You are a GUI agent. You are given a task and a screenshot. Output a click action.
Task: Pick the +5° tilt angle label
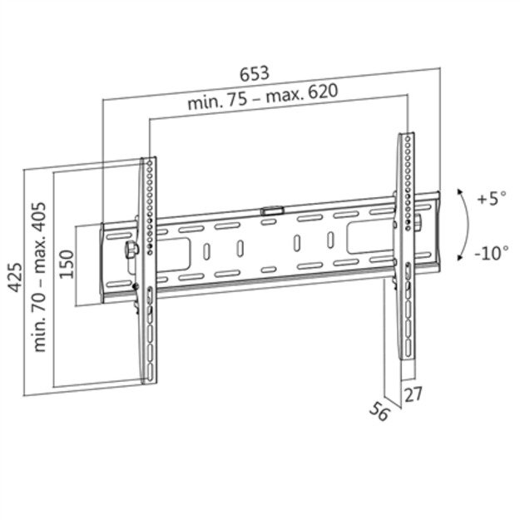click(x=491, y=200)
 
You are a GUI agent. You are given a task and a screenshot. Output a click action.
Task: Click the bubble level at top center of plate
click(x=271, y=211)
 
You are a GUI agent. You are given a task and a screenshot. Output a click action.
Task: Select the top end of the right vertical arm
click(x=406, y=135)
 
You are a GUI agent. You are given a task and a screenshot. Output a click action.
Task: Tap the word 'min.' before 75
click(x=203, y=104)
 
